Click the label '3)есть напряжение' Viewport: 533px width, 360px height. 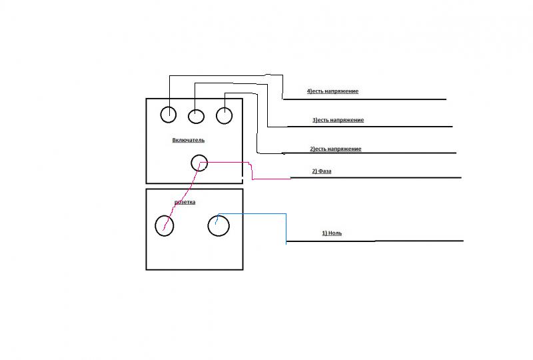[x=338, y=120]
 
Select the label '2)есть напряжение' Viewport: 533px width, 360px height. [x=335, y=149]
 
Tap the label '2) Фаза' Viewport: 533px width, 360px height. [x=322, y=171]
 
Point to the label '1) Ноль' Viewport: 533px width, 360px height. [x=333, y=233]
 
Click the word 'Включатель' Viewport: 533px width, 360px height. [x=189, y=140]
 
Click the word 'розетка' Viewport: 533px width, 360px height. [x=186, y=201]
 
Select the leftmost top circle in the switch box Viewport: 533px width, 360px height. [x=169, y=115]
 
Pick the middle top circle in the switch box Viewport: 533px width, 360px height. [x=196, y=116]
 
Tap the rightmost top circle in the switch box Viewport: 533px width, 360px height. [x=225, y=115]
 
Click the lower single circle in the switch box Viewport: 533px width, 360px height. [x=199, y=163]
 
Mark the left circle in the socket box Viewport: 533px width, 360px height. [x=164, y=226]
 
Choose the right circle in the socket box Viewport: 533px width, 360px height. [x=218, y=226]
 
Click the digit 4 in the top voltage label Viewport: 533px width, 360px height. [x=308, y=91]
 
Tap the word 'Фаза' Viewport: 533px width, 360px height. [x=326, y=171]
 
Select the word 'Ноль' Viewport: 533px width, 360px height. [x=336, y=233]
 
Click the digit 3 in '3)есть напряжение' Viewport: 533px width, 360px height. [x=314, y=120]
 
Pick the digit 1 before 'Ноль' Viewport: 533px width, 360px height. [x=324, y=233]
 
